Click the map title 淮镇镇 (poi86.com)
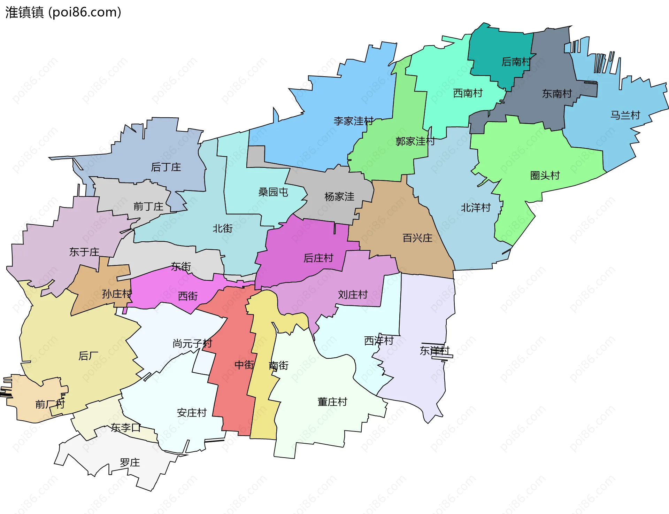pos(63,12)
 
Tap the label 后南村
pos(516,62)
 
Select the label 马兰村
pos(625,115)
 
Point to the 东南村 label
pos(557,93)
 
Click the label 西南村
pos(468,93)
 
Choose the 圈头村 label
pos(545,175)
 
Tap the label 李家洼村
pos(353,121)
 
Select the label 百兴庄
pos(417,238)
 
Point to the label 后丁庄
pos(166,167)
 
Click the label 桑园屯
pos(273,192)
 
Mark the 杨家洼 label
pos(339,196)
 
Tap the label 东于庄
pos(84,252)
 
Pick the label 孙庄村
pos(117,294)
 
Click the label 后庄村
pos(318,258)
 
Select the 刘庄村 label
pos(353,295)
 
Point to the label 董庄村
pos(332,402)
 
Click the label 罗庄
pos(130,462)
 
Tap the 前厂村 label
pos(50,404)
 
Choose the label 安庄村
pos(192,413)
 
